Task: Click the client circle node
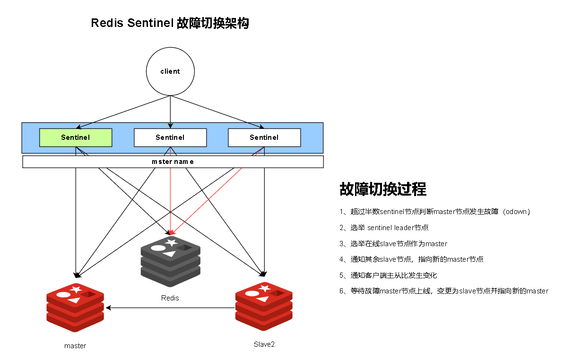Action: [x=170, y=71]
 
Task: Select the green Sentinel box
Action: [x=76, y=137]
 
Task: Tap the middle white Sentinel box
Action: [x=170, y=137]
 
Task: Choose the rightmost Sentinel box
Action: [x=264, y=137]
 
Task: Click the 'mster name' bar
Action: [x=173, y=162]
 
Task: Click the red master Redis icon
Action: [x=75, y=307]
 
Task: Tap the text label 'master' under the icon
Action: [x=75, y=346]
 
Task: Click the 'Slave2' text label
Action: [x=264, y=344]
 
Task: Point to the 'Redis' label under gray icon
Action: [x=170, y=298]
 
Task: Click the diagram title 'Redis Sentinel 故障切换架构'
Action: [x=170, y=23]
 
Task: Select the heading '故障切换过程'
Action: [x=383, y=189]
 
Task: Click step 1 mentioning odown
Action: [x=435, y=212]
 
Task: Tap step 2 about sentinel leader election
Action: [x=384, y=228]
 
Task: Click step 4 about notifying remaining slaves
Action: [x=411, y=259]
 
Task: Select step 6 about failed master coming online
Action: [x=443, y=291]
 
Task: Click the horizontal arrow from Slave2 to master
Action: [x=170, y=308]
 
